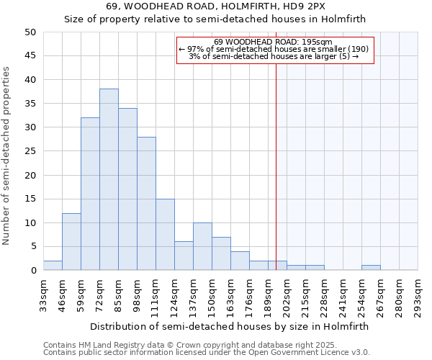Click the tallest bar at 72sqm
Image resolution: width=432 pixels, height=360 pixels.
109,179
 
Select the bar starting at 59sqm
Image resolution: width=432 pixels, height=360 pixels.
90,194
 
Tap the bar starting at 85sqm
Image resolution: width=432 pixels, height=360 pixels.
127,189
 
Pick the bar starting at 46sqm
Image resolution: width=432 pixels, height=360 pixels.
71,241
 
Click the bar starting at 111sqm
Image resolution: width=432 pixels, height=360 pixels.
165,234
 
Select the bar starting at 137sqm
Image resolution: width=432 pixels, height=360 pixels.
202,246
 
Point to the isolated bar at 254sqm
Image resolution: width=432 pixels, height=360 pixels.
371,268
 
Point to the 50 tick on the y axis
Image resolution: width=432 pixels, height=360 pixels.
30,32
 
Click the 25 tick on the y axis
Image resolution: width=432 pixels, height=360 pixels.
30,151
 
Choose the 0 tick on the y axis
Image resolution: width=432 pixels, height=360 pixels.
33,271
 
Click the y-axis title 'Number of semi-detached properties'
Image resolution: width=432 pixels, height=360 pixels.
8,156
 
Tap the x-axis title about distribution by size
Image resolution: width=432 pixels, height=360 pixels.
230,326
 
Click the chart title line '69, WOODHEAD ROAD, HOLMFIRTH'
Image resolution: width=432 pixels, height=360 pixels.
215,6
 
